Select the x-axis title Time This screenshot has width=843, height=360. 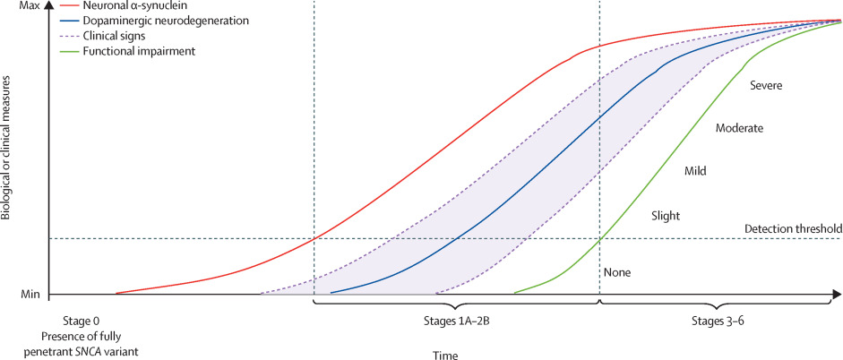click(x=445, y=355)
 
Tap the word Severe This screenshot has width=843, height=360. click(x=766, y=85)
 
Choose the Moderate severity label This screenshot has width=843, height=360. click(x=739, y=128)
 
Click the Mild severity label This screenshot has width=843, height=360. click(x=696, y=170)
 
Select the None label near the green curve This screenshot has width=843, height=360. click(x=618, y=272)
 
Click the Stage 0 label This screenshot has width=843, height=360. click(x=87, y=321)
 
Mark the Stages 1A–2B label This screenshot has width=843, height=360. click(x=456, y=321)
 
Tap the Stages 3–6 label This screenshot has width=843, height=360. click(x=718, y=321)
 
